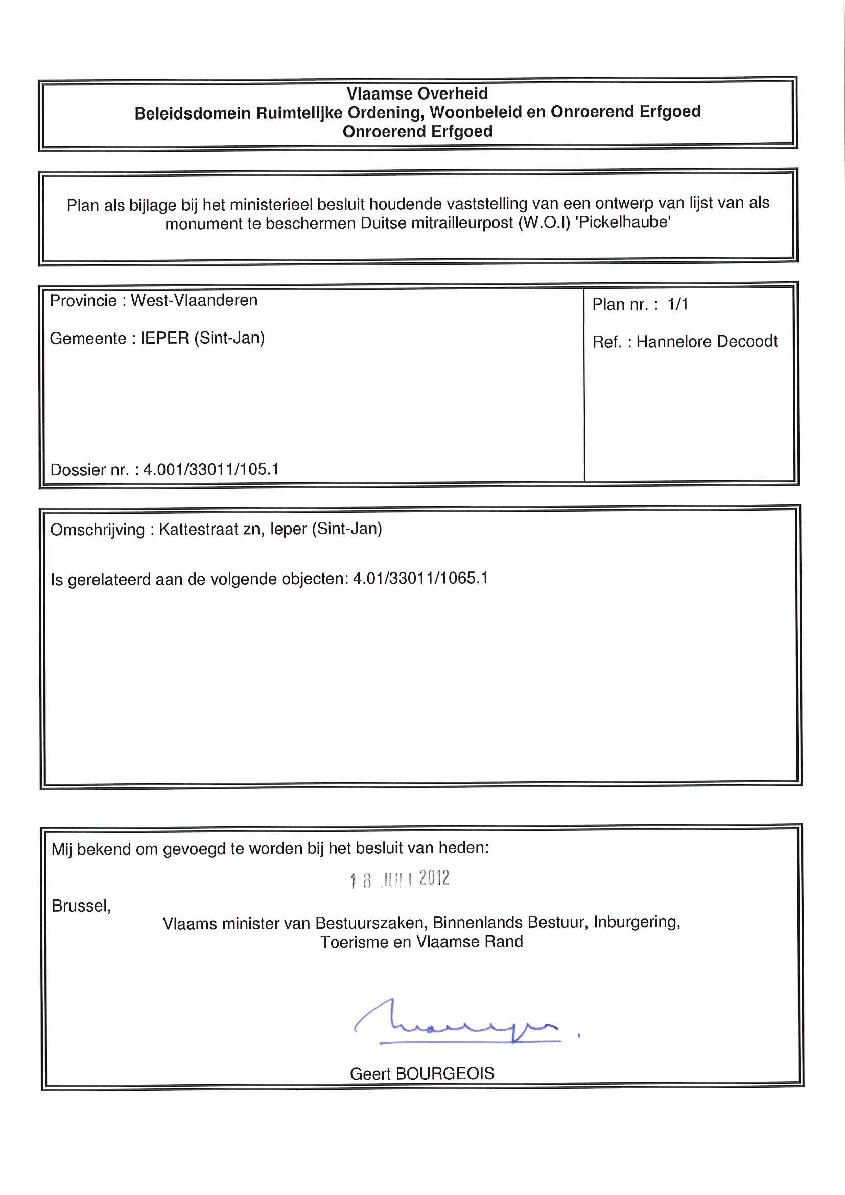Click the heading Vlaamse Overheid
pyautogui.click(x=417, y=93)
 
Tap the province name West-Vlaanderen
pyautogui.click(x=194, y=300)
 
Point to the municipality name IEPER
pyautogui.click(x=165, y=338)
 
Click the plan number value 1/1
pyautogui.click(x=677, y=304)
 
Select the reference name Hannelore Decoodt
pyautogui.click(x=707, y=342)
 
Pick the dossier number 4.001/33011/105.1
pyautogui.click(x=211, y=469)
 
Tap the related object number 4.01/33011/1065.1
pyautogui.click(x=420, y=578)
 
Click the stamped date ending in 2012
pyautogui.click(x=400, y=879)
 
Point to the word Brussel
pyautogui.click(x=81, y=906)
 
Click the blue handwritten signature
pyautogui.click(x=458, y=1024)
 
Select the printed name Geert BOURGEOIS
pyautogui.click(x=421, y=1073)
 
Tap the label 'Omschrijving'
pyautogui.click(x=98, y=530)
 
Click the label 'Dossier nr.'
pyautogui.click(x=89, y=470)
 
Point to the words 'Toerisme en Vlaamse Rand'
pyautogui.click(x=421, y=942)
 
